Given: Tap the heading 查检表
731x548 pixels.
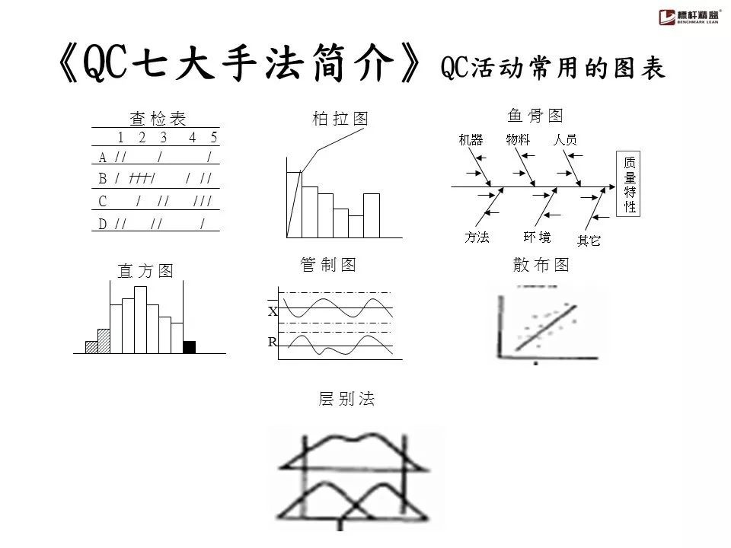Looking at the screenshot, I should [x=158, y=119].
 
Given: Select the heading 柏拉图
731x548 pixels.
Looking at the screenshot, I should [x=340, y=119].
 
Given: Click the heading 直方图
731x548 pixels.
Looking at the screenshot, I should [x=145, y=270].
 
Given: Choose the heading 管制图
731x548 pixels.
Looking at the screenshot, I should [x=329, y=265].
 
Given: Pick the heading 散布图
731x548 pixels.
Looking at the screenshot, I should [x=541, y=265].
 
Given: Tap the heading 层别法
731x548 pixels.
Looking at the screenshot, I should [x=346, y=399].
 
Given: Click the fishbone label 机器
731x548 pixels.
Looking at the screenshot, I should [x=471, y=140].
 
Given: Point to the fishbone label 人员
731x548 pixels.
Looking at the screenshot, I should [x=564, y=140].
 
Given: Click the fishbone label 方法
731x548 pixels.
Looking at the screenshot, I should [x=477, y=237].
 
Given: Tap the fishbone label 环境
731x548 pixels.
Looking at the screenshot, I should [x=538, y=237].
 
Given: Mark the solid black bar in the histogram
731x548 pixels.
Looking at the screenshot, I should [x=190, y=347].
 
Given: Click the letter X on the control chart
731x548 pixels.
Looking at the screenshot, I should [x=273, y=311].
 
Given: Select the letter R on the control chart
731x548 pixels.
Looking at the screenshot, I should [x=272, y=342].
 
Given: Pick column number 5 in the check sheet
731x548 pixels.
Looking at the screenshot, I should [x=214, y=138].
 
